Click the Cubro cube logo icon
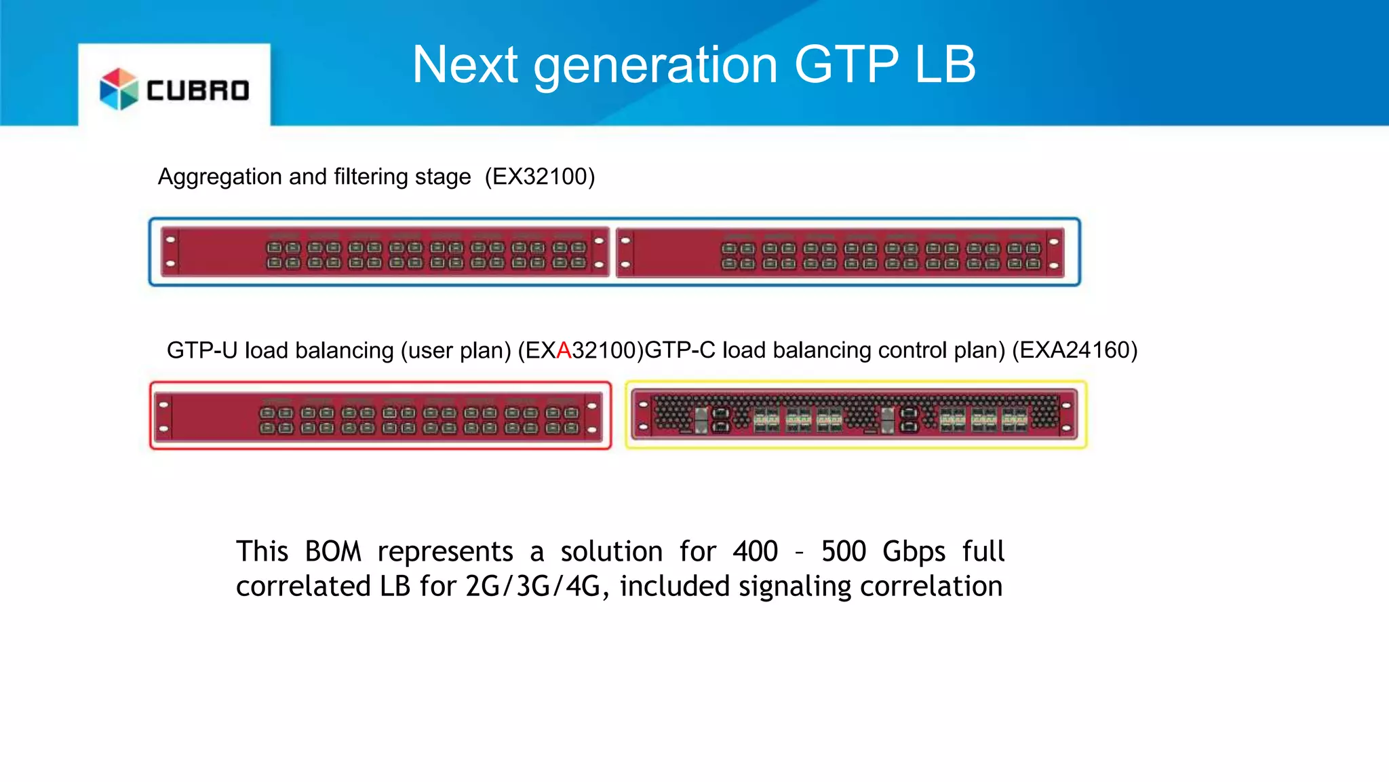[119, 89]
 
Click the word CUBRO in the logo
[198, 90]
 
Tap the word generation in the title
[655, 67]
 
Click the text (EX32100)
[539, 176]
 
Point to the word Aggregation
[220, 177]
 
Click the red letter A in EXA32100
[564, 350]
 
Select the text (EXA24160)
[1074, 350]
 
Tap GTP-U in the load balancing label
[202, 350]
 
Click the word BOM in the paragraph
[333, 551]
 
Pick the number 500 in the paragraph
[843, 551]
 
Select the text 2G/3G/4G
[533, 586]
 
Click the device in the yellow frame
[855, 415]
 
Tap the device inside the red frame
[380, 415]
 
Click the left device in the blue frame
[385, 252]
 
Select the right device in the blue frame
[840, 253]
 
